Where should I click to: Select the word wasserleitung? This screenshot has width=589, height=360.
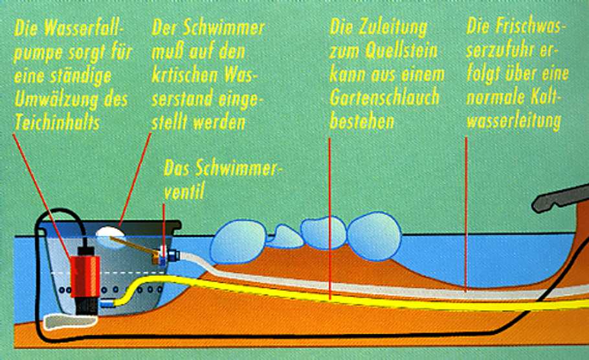513,121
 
